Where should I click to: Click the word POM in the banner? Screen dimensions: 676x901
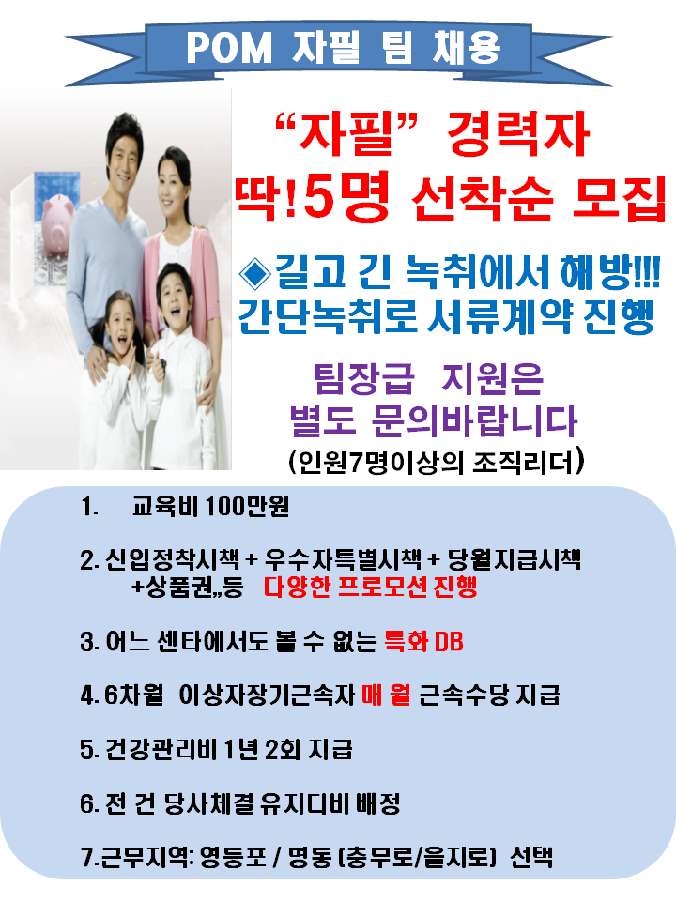[229, 48]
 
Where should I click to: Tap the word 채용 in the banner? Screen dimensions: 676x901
[467, 47]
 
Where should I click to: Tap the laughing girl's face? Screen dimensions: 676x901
[122, 326]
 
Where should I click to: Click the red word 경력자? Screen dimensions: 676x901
[518, 134]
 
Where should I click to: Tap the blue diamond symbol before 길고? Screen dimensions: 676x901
[254, 272]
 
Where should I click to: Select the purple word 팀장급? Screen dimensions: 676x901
[364, 379]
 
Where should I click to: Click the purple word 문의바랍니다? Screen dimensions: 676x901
[474, 420]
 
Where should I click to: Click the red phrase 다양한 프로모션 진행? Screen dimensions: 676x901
[371, 587]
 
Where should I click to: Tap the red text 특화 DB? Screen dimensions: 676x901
[423, 641]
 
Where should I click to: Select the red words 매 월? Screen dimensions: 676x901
[386, 695]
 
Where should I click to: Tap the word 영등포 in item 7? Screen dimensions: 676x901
[233, 857]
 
